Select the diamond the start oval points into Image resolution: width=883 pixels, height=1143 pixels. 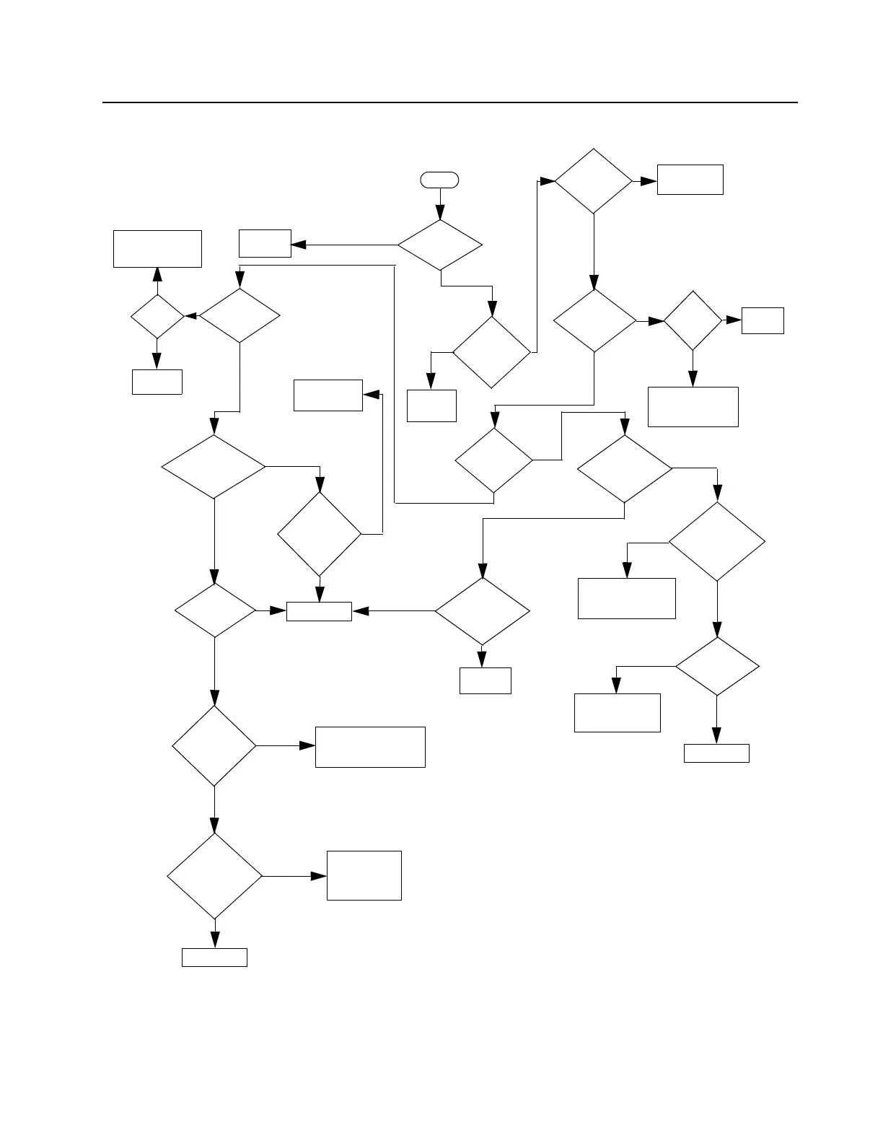(x=440, y=245)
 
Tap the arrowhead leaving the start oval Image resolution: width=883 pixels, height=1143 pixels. (x=440, y=214)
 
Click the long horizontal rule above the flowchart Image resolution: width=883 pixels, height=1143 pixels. (x=450, y=102)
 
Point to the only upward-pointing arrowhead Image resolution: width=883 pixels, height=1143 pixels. (x=157, y=274)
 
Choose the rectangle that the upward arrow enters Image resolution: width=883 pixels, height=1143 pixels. (x=157, y=249)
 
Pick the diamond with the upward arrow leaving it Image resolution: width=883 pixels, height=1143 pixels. (x=157, y=316)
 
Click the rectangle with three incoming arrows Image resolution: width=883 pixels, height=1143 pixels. (x=319, y=611)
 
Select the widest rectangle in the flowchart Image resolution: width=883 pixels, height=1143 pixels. (x=370, y=747)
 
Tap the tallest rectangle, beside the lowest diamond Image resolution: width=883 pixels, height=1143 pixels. (x=364, y=875)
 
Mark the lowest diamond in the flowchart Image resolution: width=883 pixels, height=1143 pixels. (x=215, y=876)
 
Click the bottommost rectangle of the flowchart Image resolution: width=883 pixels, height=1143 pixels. (x=214, y=958)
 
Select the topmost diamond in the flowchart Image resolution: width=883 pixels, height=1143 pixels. (x=593, y=181)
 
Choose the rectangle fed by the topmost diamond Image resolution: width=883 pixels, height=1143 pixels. (x=690, y=180)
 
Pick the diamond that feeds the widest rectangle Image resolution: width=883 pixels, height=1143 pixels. (x=214, y=745)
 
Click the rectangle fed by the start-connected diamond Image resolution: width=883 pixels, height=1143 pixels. (x=265, y=244)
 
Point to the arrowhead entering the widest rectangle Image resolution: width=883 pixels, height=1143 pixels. (x=308, y=746)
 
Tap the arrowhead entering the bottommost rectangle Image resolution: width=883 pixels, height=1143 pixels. (x=215, y=939)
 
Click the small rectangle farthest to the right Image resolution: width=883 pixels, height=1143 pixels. (x=763, y=320)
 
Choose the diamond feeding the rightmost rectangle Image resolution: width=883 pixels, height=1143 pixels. (x=693, y=320)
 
